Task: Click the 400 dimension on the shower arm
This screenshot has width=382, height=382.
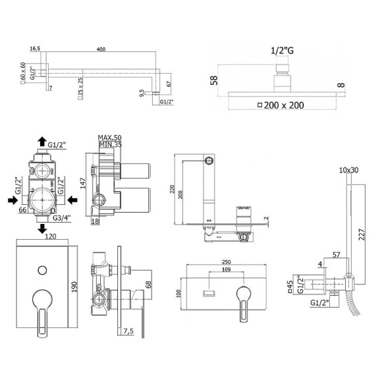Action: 100,49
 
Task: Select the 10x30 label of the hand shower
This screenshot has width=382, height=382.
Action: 349,171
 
